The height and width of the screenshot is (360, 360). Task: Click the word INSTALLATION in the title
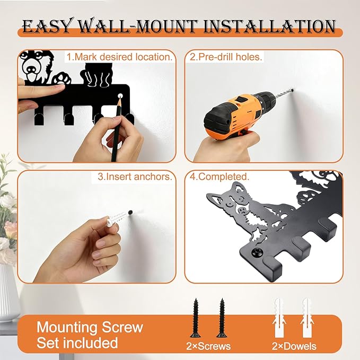[x=269, y=27]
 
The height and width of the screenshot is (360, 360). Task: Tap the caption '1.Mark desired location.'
[x=119, y=57]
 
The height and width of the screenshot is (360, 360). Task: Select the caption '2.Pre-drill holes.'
[x=226, y=57]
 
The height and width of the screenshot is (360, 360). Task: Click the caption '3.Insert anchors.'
[x=135, y=177]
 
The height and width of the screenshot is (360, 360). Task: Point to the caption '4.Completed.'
[x=219, y=177]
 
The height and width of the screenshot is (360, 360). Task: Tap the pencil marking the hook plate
[x=117, y=128]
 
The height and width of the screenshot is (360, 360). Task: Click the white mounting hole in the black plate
[x=120, y=95]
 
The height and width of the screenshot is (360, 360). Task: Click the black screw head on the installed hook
[x=257, y=253]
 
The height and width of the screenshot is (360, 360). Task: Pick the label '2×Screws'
[x=208, y=346]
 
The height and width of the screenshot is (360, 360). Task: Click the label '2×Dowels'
[x=294, y=346]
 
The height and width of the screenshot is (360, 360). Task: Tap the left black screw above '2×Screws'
[x=196, y=318]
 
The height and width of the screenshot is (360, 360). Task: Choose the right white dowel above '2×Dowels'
[x=307, y=318]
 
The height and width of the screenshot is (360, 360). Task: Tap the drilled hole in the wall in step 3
[x=130, y=212]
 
